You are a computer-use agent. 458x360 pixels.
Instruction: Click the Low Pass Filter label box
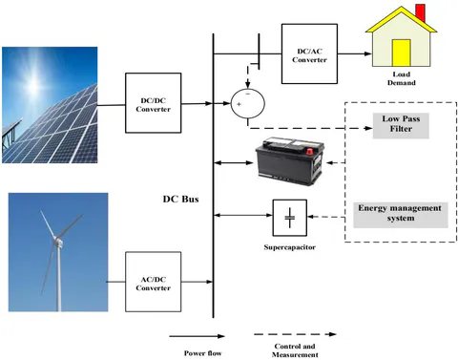tap(401, 125)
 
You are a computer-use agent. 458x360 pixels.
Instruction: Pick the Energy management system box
tap(401, 215)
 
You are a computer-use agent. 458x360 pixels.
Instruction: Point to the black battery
tap(290, 161)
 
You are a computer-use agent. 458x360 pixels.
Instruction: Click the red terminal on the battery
tap(309, 151)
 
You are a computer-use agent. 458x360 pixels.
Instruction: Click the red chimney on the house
tap(421, 12)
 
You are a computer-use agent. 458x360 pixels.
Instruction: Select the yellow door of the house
tap(402, 53)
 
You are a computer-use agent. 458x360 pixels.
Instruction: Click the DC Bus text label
tap(180, 199)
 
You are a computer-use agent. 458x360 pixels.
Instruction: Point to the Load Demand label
tap(402, 78)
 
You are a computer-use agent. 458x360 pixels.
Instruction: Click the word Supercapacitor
tap(290, 247)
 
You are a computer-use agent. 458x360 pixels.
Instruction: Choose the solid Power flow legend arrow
tap(197, 336)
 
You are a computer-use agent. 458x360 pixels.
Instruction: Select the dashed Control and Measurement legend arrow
tap(295, 334)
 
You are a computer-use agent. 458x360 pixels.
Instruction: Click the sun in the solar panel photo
tap(34, 83)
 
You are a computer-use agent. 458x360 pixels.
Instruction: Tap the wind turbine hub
tap(57, 241)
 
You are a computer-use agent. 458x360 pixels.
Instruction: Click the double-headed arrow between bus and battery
tap(234, 163)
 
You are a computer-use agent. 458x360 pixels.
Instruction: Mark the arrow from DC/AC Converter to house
tap(355, 53)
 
